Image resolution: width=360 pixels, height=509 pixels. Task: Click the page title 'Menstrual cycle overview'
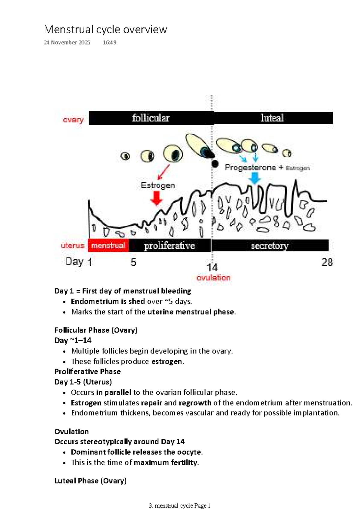tap(105, 29)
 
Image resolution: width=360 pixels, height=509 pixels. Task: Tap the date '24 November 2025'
tap(67, 43)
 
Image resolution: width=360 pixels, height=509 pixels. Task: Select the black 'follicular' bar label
tap(151, 118)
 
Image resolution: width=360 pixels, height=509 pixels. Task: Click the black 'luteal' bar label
tap(272, 118)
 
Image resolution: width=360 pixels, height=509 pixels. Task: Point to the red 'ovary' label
tap(73, 120)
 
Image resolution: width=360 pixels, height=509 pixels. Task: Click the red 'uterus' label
tap(73, 245)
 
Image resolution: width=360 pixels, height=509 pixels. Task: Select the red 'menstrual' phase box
tap(108, 245)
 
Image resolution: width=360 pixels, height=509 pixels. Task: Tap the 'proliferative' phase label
tap(169, 246)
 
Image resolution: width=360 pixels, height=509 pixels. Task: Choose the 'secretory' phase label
tap(269, 246)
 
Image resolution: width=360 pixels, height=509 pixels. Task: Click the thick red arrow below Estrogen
tap(156, 198)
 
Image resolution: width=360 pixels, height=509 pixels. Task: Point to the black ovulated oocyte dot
tap(215, 164)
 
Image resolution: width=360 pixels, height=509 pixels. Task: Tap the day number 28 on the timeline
tap(327, 263)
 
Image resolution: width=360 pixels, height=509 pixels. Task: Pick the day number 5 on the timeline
tap(133, 263)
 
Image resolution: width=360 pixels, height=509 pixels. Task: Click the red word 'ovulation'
tap(213, 278)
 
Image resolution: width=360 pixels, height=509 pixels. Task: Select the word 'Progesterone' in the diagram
tap(250, 167)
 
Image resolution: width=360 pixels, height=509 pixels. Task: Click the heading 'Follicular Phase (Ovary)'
tap(96, 330)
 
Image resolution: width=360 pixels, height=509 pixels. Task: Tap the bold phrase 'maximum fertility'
tap(166, 462)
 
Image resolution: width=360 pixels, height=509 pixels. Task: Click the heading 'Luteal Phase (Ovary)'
tap(90, 481)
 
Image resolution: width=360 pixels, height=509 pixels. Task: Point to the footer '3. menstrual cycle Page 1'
tap(179, 506)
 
